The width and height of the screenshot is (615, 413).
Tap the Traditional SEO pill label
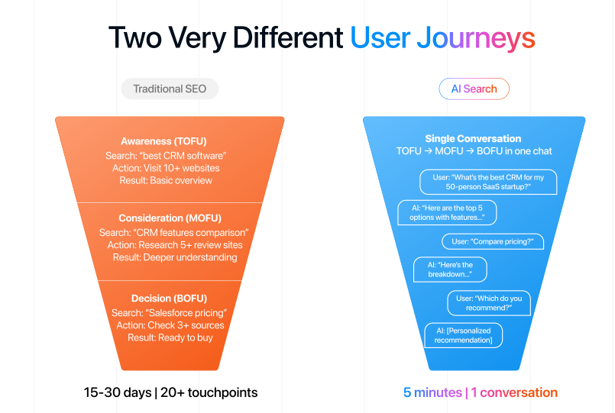(x=170, y=89)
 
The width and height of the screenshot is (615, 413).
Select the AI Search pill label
(x=474, y=89)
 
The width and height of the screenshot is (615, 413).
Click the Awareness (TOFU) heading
(x=170, y=141)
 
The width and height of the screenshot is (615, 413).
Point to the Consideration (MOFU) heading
(x=170, y=219)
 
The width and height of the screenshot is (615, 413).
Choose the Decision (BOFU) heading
(x=170, y=298)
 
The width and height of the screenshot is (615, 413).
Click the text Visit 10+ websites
(x=181, y=168)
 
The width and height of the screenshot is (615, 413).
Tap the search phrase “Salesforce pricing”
(x=184, y=312)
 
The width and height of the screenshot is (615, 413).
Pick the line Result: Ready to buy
(x=170, y=337)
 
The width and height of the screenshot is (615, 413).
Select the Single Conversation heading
(x=473, y=139)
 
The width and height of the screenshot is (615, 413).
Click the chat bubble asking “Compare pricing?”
(x=492, y=242)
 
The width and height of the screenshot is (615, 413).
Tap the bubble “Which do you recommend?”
(x=489, y=303)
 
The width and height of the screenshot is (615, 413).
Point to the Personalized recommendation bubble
(x=463, y=335)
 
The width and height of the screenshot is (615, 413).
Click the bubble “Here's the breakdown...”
(x=449, y=269)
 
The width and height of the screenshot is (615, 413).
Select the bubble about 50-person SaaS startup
(x=487, y=182)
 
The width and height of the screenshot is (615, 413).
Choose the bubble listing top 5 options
(x=448, y=212)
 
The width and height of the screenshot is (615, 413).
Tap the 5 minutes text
(x=432, y=392)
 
